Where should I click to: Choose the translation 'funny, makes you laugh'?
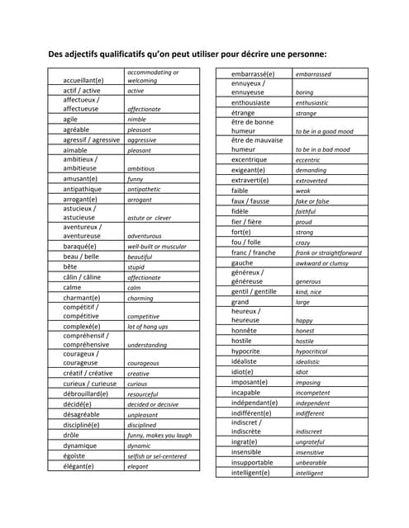(x=159, y=436)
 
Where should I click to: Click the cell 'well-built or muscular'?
(x=157, y=247)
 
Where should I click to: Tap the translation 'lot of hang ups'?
(x=148, y=327)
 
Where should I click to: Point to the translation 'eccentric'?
(x=307, y=160)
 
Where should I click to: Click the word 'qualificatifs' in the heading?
(x=133, y=54)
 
